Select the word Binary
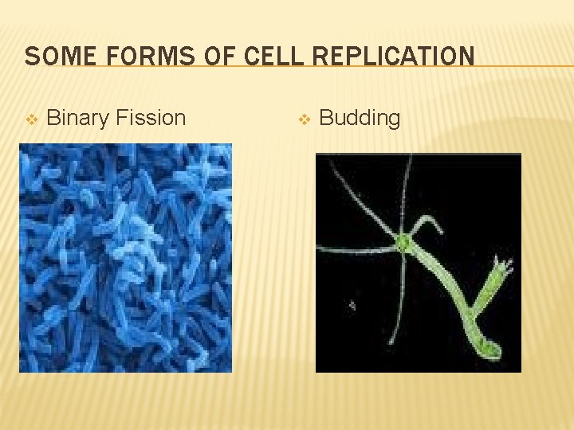point(78,119)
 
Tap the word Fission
point(151,118)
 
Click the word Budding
point(360,118)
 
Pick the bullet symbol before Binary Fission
point(31,119)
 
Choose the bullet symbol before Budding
point(303,119)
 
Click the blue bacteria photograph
point(125,257)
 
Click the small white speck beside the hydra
point(352,305)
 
